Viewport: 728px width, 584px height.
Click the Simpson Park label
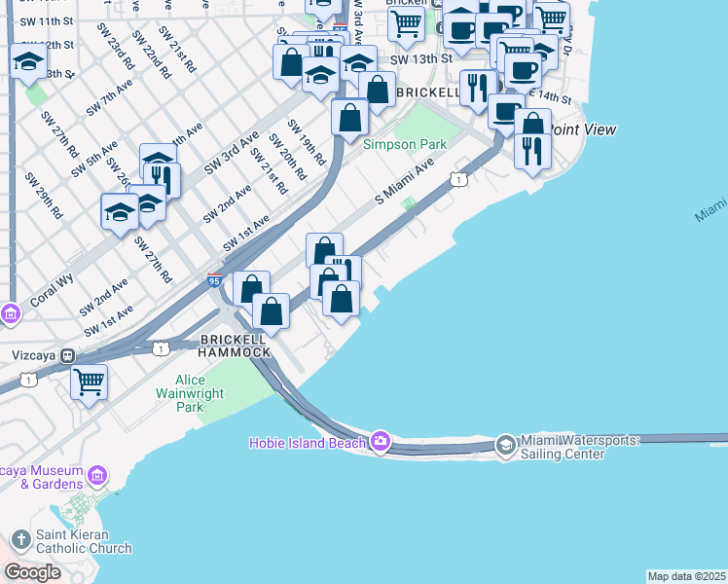[x=404, y=145]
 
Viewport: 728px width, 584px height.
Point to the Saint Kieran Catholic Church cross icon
[x=21, y=539]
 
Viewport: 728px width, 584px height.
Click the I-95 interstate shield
[x=214, y=280]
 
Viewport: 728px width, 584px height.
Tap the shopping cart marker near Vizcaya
[x=89, y=381]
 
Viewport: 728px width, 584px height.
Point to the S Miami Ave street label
[x=404, y=183]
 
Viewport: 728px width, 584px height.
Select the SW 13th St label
[x=421, y=59]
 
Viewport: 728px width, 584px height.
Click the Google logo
[x=33, y=572]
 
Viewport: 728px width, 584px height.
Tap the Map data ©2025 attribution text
[x=686, y=576]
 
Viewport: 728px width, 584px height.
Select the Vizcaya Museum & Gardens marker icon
[x=95, y=476]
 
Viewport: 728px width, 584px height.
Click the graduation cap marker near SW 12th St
[x=29, y=61]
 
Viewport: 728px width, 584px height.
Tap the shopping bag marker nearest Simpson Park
[x=349, y=118]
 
